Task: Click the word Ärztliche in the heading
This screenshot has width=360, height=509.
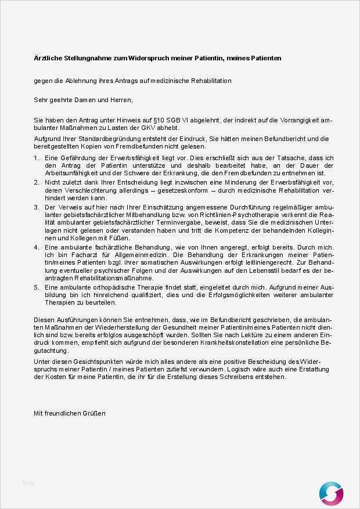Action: click(x=48, y=58)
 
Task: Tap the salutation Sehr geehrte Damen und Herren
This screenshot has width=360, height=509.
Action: click(x=83, y=100)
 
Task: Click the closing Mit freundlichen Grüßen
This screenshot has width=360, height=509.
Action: click(x=70, y=414)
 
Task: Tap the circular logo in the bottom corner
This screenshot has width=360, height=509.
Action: click(x=331, y=493)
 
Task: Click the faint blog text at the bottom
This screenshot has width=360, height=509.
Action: click(x=28, y=483)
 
